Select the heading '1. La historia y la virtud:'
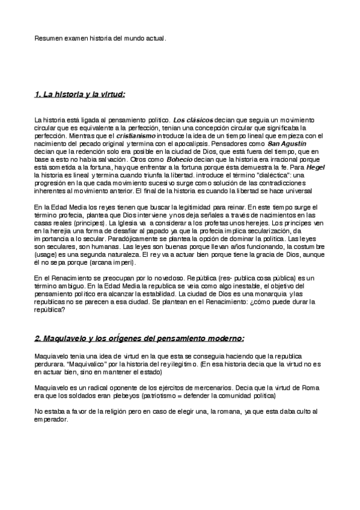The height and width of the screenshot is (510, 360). (x=80, y=94)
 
